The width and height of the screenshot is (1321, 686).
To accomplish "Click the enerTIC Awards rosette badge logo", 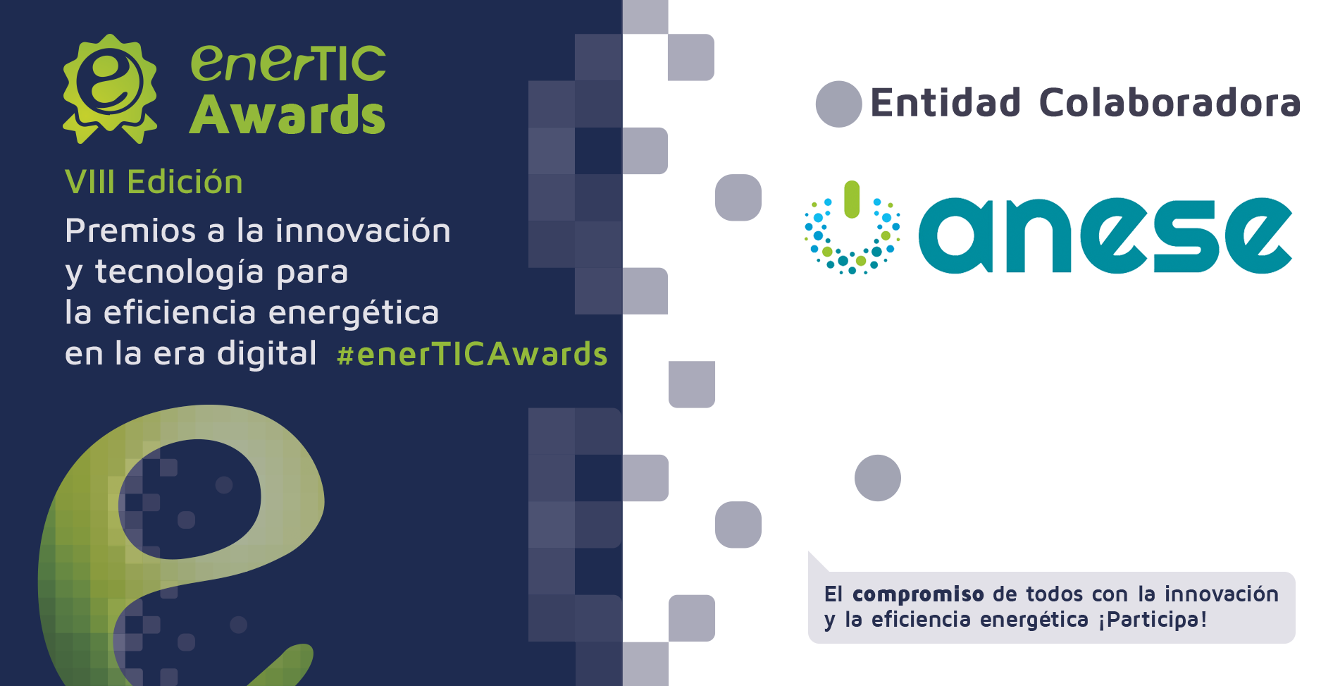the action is [x=110, y=88].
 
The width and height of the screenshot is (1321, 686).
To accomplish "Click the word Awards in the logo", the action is [x=287, y=114].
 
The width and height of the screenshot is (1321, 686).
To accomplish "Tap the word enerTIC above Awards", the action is [x=288, y=64].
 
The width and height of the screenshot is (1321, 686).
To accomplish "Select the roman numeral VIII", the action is [x=89, y=182].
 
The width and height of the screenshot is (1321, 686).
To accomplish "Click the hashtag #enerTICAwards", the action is [x=472, y=354].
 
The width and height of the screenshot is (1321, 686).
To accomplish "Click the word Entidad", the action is [x=945, y=103].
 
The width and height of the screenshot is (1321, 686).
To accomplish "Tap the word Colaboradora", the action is [x=1170, y=103].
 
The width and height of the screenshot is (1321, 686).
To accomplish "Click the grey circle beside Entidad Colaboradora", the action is [x=838, y=104].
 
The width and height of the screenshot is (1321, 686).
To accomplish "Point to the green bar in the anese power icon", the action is [x=852, y=200].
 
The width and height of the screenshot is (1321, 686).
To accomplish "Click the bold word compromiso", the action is [x=918, y=594].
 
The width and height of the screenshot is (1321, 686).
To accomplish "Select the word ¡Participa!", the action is [x=1153, y=620].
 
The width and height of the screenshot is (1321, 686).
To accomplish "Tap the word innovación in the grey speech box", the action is [x=1221, y=594].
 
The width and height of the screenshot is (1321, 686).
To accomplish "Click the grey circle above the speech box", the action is [x=878, y=478].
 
